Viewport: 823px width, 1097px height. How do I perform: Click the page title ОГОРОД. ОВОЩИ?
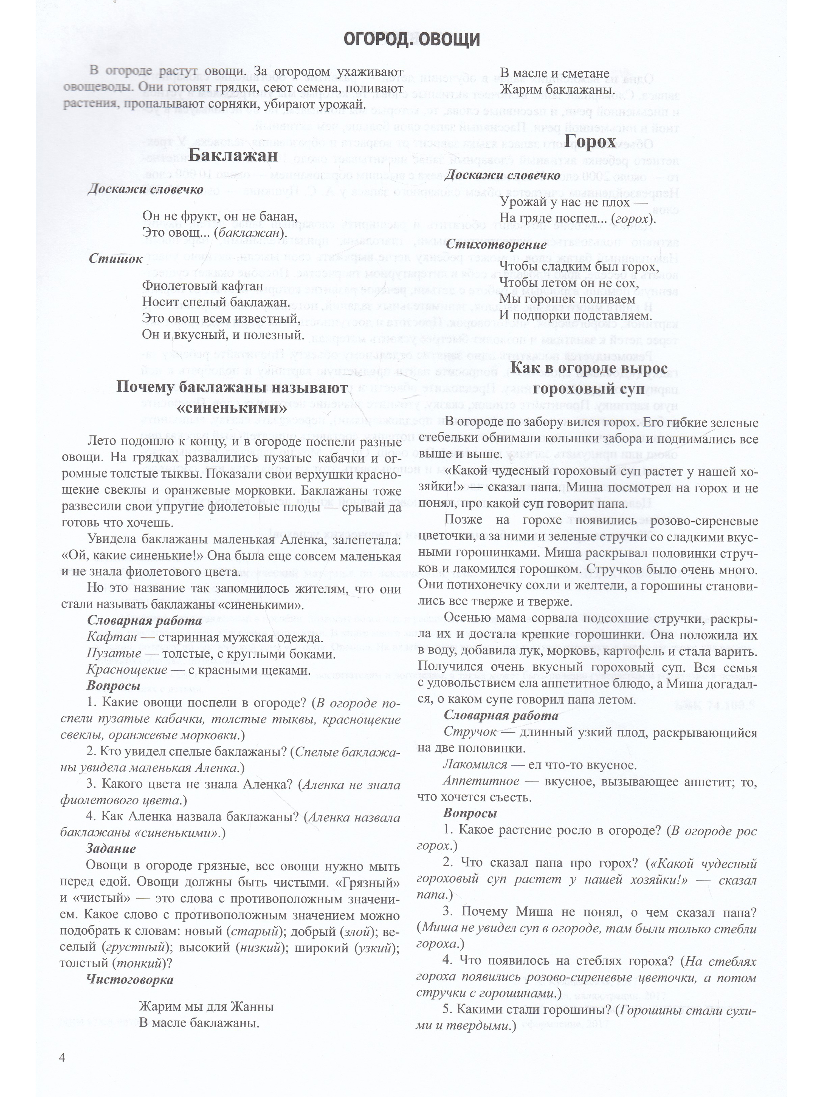pyautogui.click(x=412, y=40)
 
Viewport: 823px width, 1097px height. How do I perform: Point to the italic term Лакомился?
pyautogui.click(x=475, y=765)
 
